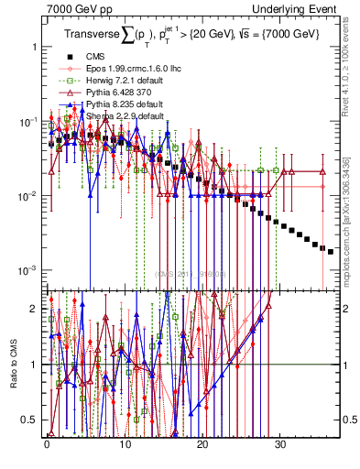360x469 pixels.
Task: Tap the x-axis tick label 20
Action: (x=202, y=452)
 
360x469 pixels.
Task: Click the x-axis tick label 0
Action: (x=47, y=452)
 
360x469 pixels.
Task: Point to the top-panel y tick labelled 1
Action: (x=34, y=46)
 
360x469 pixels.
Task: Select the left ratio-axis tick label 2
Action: (x=34, y=309)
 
